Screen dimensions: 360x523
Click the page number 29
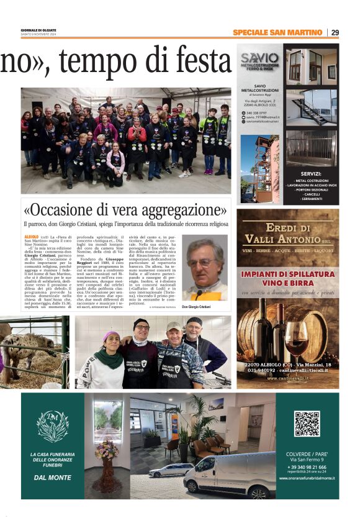coord(335,32)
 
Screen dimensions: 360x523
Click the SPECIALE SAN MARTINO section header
coord(277,32)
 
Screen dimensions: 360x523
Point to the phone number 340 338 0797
coord(256,112)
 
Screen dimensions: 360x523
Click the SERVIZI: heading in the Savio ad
coord(310,174)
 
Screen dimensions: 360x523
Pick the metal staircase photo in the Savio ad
coord(312,107)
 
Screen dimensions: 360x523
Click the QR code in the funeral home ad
coord(307,424)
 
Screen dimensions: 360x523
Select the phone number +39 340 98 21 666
coord(307,466)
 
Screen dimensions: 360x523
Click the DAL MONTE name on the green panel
coord(52,478)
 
